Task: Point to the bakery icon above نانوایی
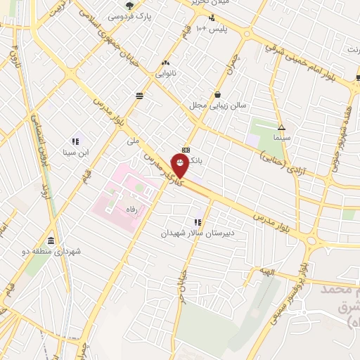point(167,61)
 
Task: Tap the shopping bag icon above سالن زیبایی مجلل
point(217,94)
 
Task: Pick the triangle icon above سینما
point(281,128)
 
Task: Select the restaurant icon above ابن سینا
point(75,141)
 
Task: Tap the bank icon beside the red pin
point(186,150)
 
